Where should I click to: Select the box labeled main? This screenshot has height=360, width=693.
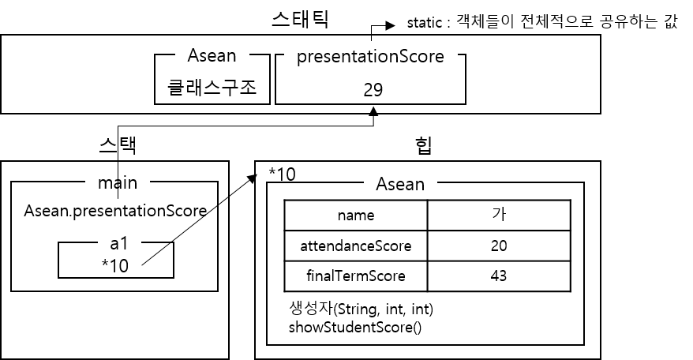(x=117, y=183)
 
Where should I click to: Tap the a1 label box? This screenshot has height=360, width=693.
(x=119, y=244)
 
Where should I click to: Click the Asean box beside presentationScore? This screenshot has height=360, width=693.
(x=212, y=55)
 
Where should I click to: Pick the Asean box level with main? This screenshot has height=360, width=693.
(x=399, y=184)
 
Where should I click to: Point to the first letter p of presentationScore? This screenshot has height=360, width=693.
(x=302, y=58)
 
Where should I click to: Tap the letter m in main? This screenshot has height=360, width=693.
(x=105, y=184)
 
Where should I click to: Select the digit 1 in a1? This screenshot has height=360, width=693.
(x=124, y=244)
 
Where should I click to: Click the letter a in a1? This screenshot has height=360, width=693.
(x=114, y=245)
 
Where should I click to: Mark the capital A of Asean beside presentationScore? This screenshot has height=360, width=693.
(x=193, y=55)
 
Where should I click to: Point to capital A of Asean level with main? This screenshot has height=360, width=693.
(x=382, y=184)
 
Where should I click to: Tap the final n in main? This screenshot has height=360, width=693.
(x=132, y=184)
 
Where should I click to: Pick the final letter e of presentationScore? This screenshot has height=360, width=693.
(x=439, y=57)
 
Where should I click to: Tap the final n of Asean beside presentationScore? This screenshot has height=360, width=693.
(x=230, y=56)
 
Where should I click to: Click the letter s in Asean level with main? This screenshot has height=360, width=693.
(x=392, y=185)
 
